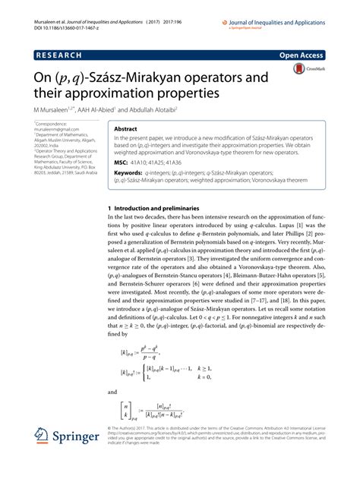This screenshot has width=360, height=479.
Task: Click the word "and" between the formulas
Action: (112, 392)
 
